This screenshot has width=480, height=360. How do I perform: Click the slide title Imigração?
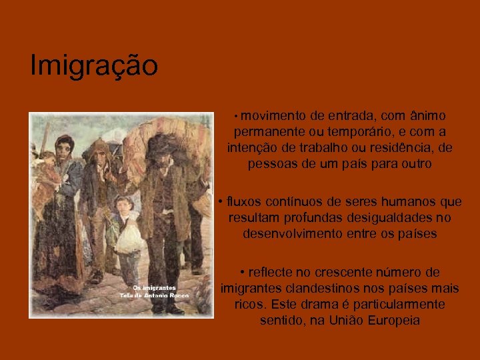[x=94, y=67]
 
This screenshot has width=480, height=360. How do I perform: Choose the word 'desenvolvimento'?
[x=294, y=233]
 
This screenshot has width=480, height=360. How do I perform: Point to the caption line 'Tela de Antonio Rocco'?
[x=154, y=295]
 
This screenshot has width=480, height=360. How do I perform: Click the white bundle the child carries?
[x=127, y=236]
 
